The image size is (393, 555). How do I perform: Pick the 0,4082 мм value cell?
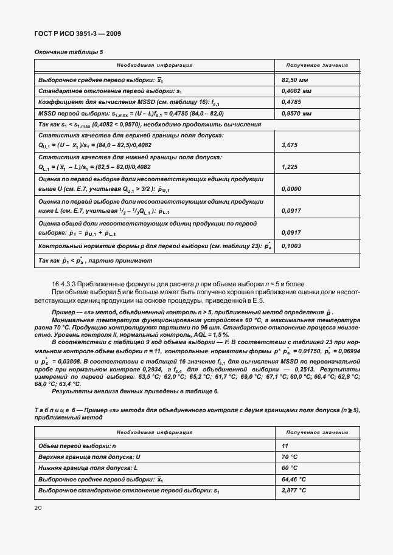click(296, 91)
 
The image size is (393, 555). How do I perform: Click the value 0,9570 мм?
click(296, 113)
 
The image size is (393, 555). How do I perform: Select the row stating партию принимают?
click(95, 260)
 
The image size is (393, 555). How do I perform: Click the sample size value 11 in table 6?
click(285, 446)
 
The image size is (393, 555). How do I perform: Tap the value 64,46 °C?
click(293, 479)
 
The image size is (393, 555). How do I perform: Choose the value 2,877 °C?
click(293, 490)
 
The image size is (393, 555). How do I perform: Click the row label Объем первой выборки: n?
click(77, 446)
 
